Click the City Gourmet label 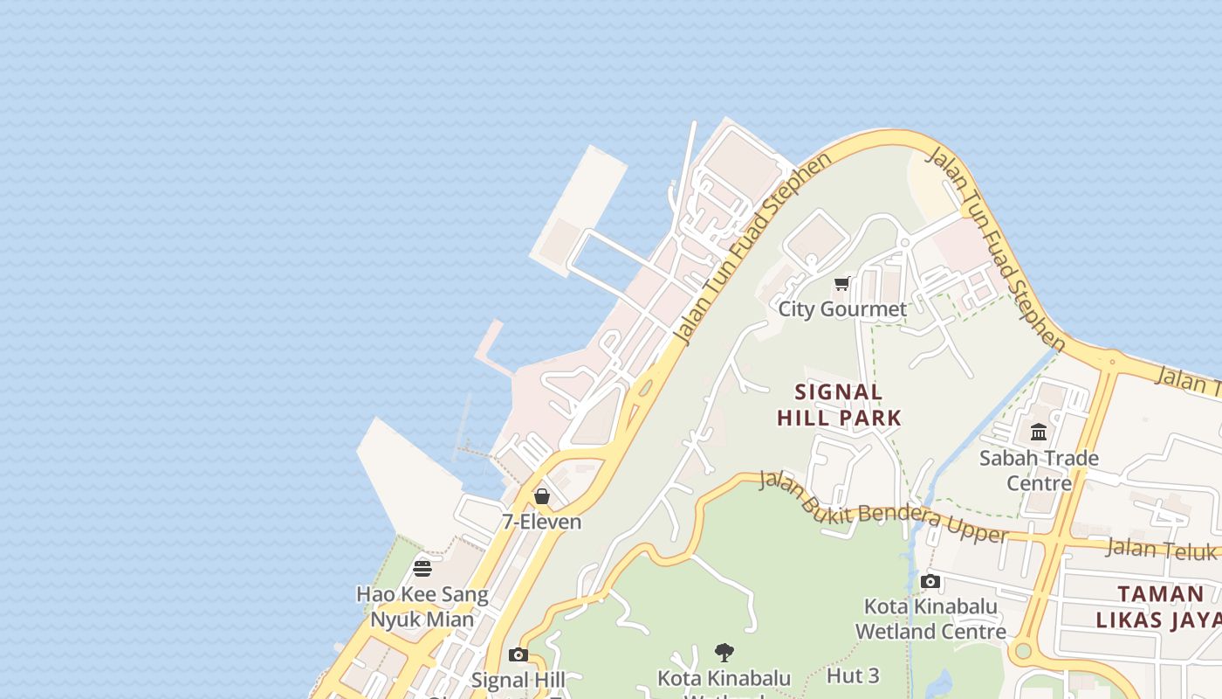point(842,309)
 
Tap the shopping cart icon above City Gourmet point(842,284)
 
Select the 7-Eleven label point(541,522)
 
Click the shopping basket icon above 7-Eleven point(542,496)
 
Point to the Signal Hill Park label point(839,405)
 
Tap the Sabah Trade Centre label point(1039,470)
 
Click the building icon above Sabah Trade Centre point(1039,433)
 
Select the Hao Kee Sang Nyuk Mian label point(422,606)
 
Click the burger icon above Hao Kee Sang point(422,569)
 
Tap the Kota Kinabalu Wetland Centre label point(930,619)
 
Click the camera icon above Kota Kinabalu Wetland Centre point(930,582)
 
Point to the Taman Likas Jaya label point(1160,606)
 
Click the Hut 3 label point(853,675)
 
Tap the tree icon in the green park point(724,652)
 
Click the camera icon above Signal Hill point(518,654)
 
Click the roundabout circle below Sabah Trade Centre point(1020,651)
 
